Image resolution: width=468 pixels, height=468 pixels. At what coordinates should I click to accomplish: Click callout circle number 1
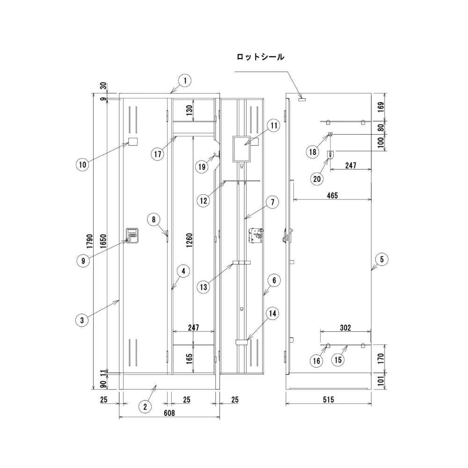(x=185, y=80)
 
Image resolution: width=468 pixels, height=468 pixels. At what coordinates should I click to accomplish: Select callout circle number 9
(x=83, y=261)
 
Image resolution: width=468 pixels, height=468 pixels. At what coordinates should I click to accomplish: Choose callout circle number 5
(x=382, y=259)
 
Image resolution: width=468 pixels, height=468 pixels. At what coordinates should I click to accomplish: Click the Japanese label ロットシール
(x=260, y=57)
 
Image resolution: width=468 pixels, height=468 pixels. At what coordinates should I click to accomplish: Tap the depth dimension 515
(x=328, y=400)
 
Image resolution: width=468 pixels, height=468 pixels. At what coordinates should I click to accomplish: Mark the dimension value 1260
(x=189, y=240)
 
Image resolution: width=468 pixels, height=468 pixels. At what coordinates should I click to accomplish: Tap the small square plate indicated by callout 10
(x=133, y=142)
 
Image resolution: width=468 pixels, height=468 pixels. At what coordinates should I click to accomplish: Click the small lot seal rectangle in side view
(x=301, y=99)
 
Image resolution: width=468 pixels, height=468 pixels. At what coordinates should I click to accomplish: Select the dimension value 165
(x=189, y=359)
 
